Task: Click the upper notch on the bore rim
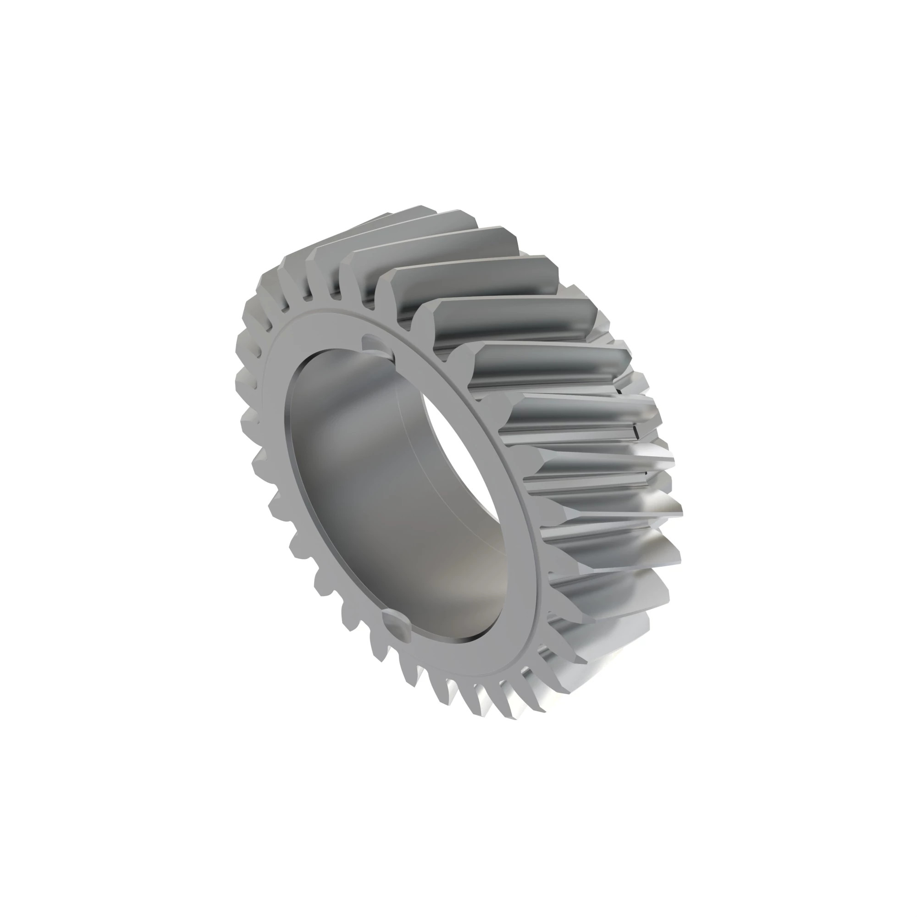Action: tap(375, 342)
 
